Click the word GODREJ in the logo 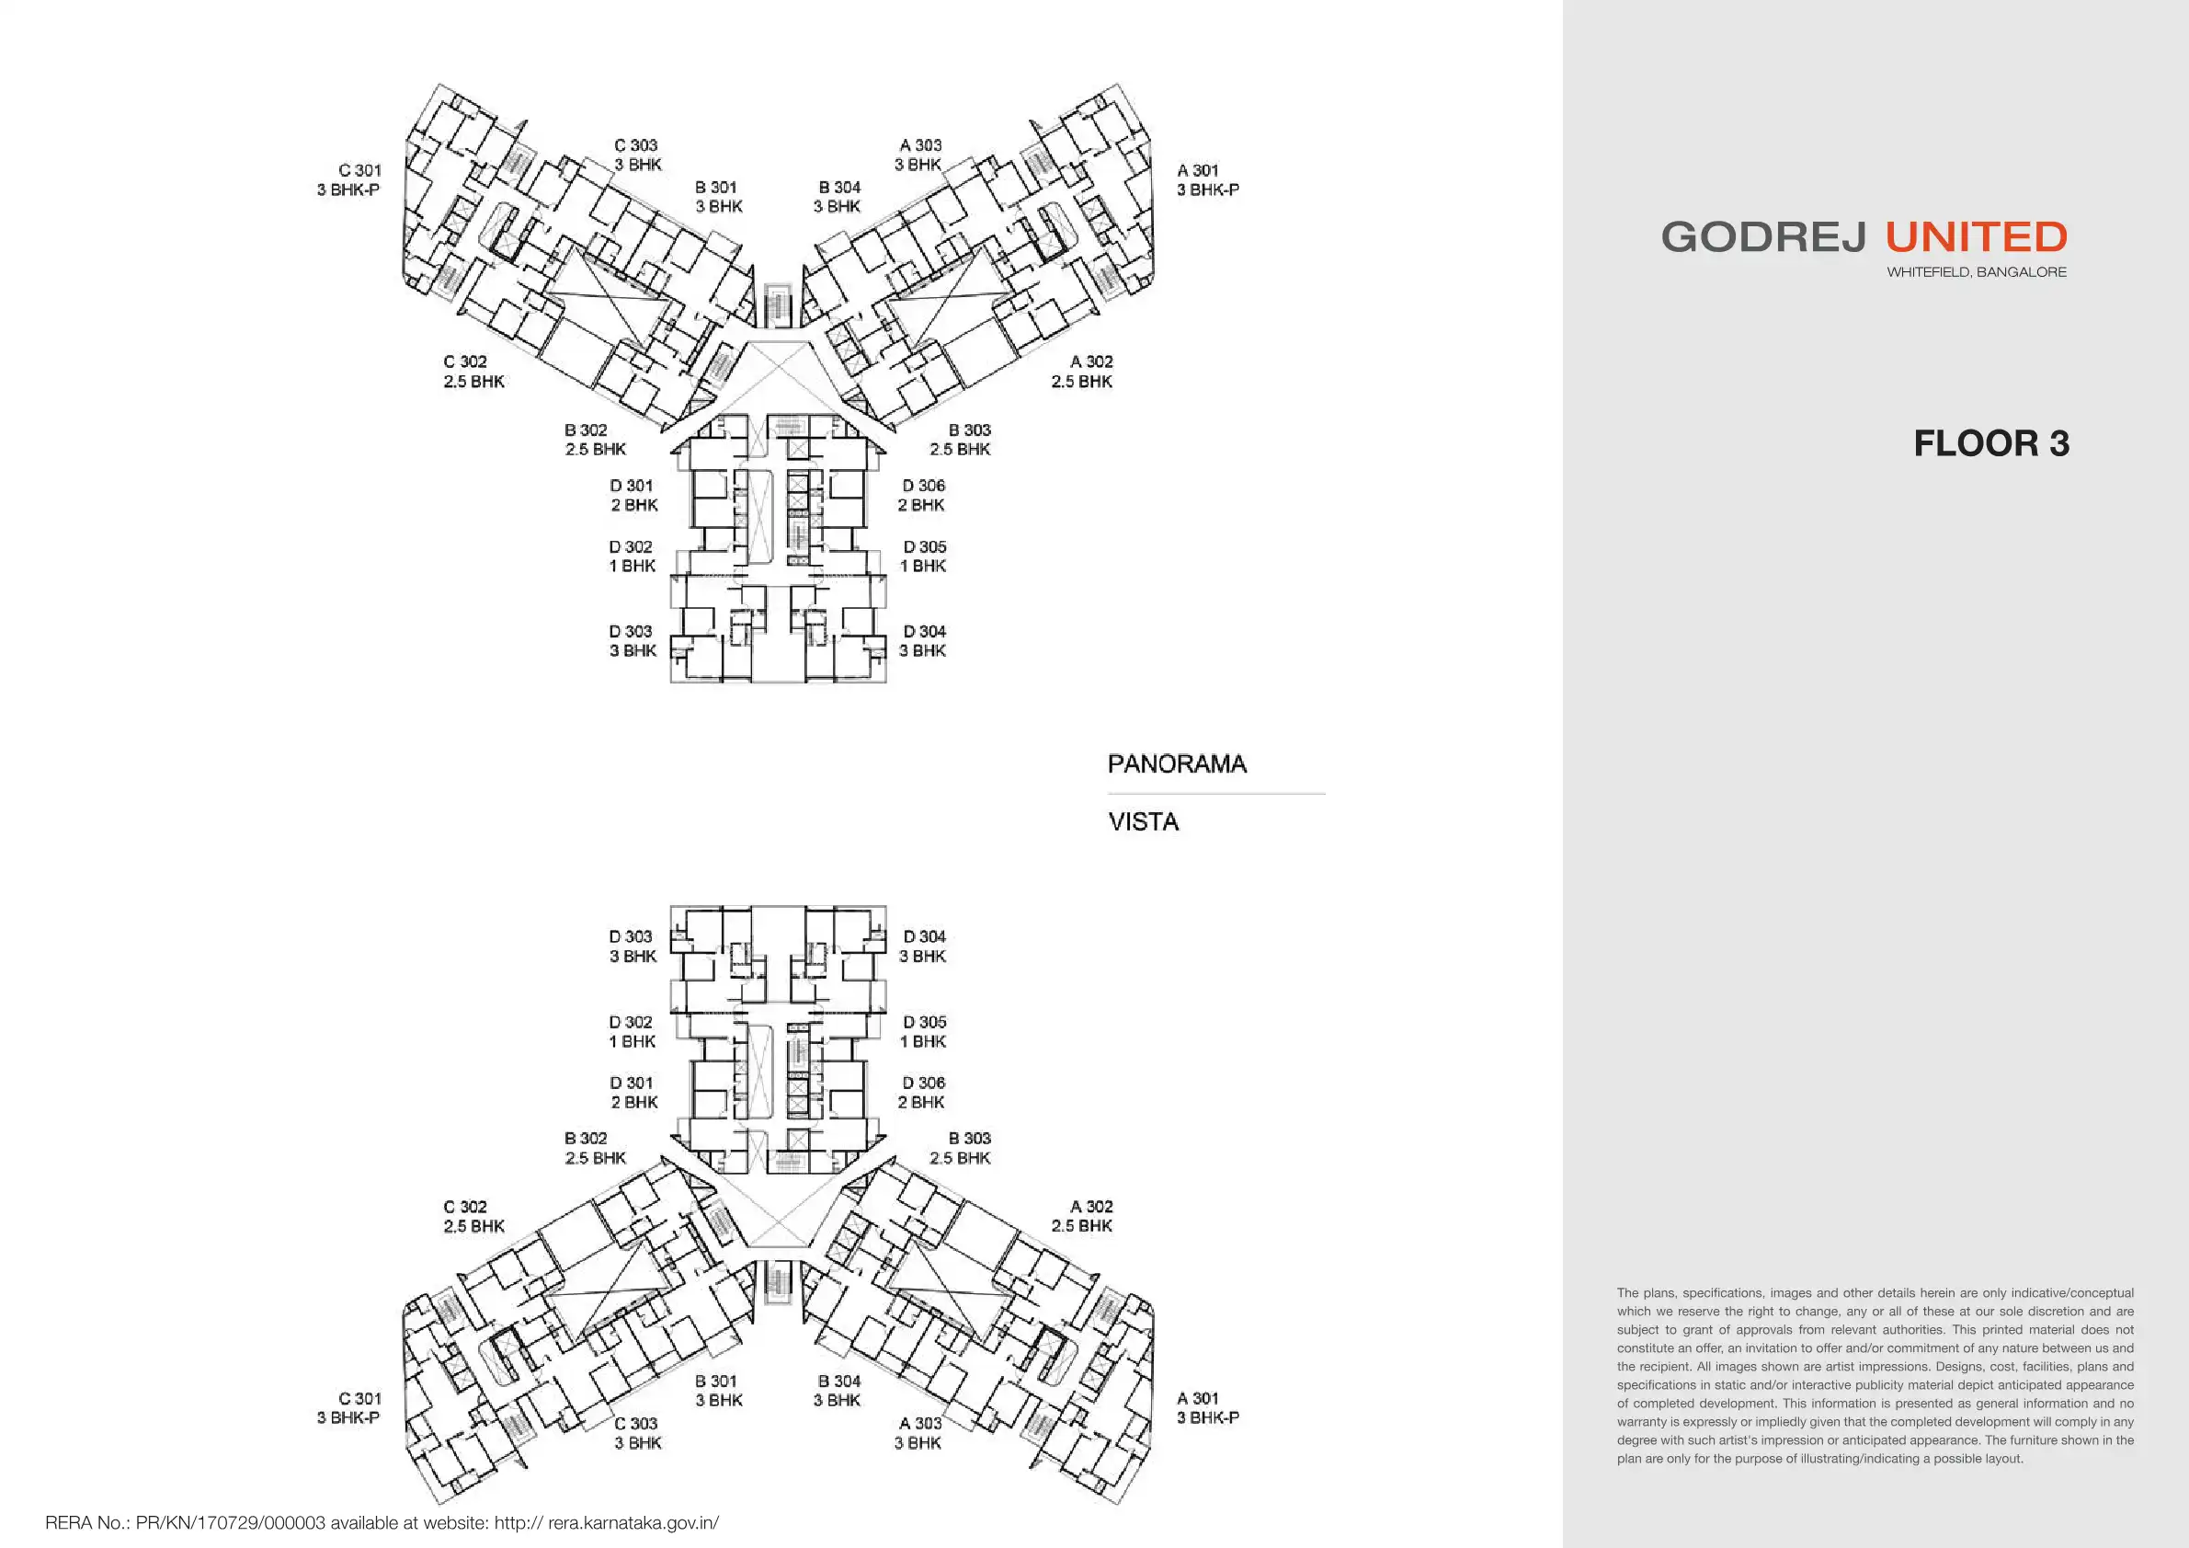point(1762,237)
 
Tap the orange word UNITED point(1976,237)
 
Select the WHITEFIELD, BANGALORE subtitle point(1977,273)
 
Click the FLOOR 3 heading point(1990,444)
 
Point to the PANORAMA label point(1177,764)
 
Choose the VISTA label point(1143,822)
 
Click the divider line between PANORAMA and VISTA point(1215,794)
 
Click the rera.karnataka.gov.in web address point(633,1522)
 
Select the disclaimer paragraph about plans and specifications point(1875,1375)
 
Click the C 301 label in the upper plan point(359,171)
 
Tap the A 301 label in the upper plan point(1197,171)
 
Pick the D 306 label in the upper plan point(923,486)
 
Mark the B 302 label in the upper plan point(586,430)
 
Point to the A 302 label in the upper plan point(1090,362)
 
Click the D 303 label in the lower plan point(630,936)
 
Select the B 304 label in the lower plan point(839,1382)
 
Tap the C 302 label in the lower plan point(465,1207)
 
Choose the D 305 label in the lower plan point(924,1022)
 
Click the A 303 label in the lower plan point(920,1423)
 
